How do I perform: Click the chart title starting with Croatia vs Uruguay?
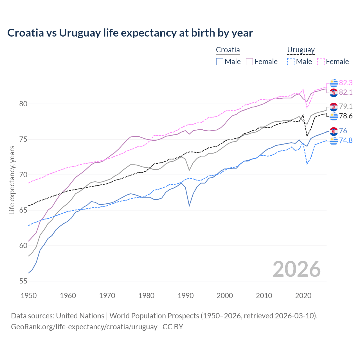pyautogui.click(x=130, y=33)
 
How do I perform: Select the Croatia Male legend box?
pyautogui.click(x=220, y=62)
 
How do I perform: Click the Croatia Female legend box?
pyautogui.click(x=249, y=62)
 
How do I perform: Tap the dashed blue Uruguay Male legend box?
pyautogui.click(x=291, y=62)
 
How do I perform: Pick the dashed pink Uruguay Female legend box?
pyautogui.click(x=321, y=62)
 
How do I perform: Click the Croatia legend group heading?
pyautogui.click(x=228, y=50)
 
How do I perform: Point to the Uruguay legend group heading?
pyautogui.click(x=301, y=50)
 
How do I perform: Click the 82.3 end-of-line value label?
pyautogui.click(x=346, y=83)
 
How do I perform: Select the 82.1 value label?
pyautogui.click(x=346, y=92)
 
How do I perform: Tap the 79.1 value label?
pyautogui.click(x=346, y=106)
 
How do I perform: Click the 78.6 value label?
pyautogui.click(x=346, y=116)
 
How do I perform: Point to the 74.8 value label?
pyautogui.click(x=346, y=140)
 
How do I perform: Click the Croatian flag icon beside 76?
pyautogui.click(x=334, y=131)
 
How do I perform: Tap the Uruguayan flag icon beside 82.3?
pyautogui.click(x=334, y=83)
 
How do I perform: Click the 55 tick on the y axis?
pyautogui.click(x=23, y=281)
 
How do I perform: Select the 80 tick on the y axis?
pyautogui.click(x=23, y=104)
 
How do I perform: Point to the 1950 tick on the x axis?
pyautogui.click(x=29, y=296)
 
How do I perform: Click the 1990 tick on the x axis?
pyautogui.click(x=186, y=296)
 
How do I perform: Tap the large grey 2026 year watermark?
pyautogui.click(x=296, y=269)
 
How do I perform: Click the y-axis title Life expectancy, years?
pyautogui.click(x=12, y=180)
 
